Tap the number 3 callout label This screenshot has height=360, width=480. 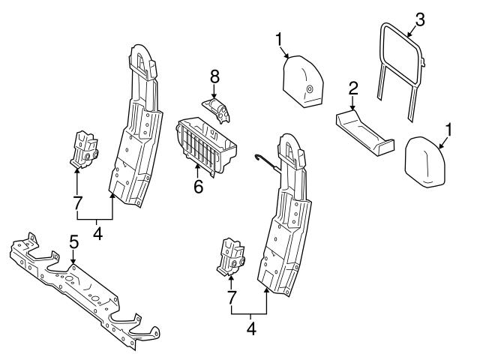click(x=419, y=20)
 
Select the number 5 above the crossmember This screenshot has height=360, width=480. click(x=73, y=241)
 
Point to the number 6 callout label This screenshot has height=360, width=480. click(x=199, y=186)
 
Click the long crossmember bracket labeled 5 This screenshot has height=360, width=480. click(x=82, y=289)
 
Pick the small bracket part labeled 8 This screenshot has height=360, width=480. click(x=217, y=108)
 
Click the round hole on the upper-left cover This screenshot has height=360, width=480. click(x=309, y=90)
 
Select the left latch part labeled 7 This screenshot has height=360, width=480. click(x=85, y=148)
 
